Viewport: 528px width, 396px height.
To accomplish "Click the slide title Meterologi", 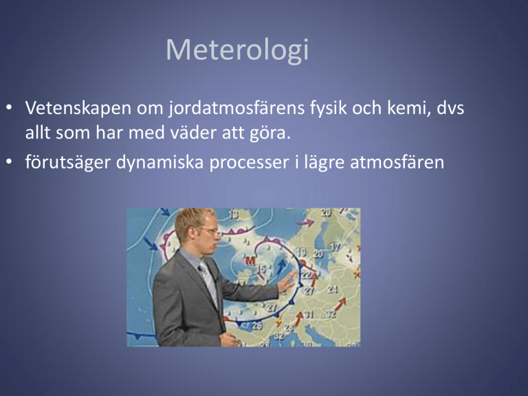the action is point(237,50).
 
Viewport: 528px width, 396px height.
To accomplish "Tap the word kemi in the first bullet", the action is point(409,108).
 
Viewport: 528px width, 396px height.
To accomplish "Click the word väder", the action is point(193,133).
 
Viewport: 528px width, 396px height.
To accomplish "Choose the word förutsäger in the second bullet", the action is point(67,162).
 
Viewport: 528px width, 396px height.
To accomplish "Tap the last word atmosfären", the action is point(397,162).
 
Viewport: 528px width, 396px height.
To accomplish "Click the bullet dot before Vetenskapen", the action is point(9,108).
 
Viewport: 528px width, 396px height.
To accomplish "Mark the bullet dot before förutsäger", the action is point(9,162).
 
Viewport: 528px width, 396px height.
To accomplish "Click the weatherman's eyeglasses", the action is point(208,231).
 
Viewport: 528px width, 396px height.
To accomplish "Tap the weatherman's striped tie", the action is point(208,282).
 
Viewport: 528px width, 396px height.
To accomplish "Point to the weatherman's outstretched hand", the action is point(287,281).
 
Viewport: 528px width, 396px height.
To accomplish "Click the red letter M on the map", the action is point(250,261).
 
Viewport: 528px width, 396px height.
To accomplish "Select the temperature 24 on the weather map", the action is point(333,289).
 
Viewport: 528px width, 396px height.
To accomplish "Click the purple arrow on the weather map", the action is point(307,222).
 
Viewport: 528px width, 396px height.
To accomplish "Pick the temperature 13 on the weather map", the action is point(233,214).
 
